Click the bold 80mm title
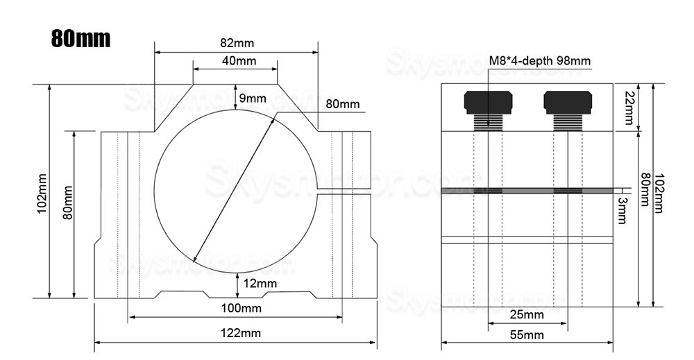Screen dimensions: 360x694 [81, 38]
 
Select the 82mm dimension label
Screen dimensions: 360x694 [235, 43]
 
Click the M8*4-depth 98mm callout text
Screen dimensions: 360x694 [540, 61]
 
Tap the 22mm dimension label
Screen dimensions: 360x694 [629, 108]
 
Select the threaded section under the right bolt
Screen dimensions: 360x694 [568, 123]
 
